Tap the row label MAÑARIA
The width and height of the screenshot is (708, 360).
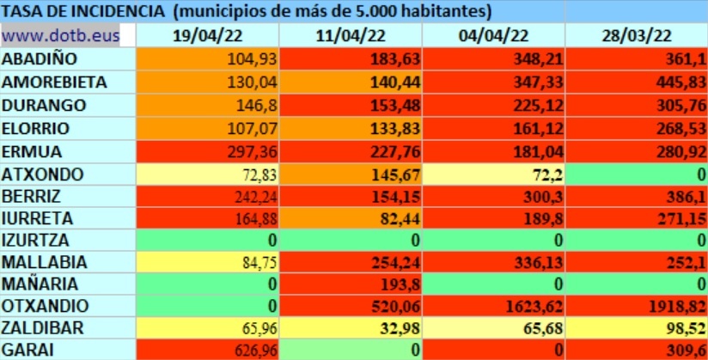click(x=40, y=284)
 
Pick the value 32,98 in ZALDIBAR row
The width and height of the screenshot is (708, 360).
click(x=400, y=328)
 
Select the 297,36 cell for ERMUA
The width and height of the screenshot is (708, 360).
click(x=252, y=151)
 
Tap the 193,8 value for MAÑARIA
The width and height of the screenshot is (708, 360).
click(x=400, y=284)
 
